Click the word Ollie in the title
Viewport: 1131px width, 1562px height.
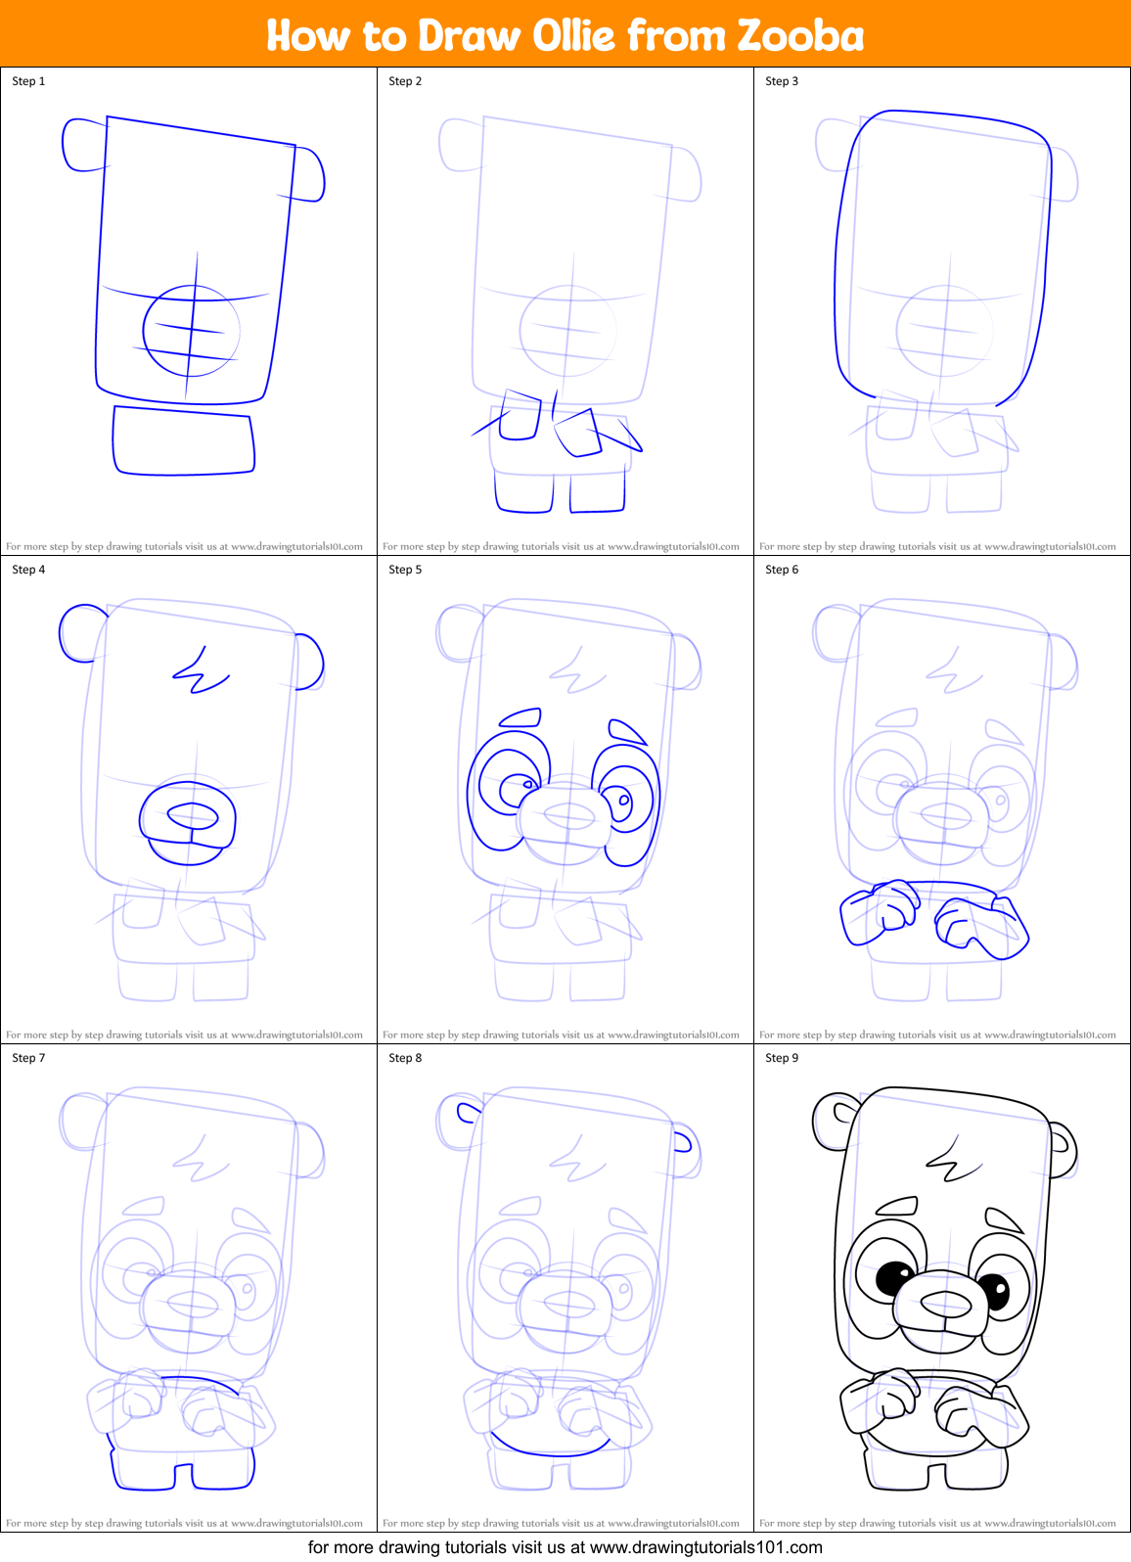coord(574,35)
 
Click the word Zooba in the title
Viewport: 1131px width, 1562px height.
coord(800,35)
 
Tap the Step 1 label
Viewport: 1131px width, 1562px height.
coord(28,81)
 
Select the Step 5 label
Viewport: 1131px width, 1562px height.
coord(405,570)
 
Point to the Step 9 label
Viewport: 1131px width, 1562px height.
coord(782,1058)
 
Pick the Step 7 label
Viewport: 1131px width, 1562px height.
coord(28,1058)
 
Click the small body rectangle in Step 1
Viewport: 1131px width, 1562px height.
coord(183,441)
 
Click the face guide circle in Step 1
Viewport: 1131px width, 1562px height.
coord(191,331)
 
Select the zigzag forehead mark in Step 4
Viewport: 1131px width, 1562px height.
coord(201,670)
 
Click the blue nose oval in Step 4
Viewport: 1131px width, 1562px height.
coord(193,814)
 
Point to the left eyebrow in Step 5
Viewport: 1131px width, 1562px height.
coord(520,718)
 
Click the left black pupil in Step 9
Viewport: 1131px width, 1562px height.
coord(893,1276)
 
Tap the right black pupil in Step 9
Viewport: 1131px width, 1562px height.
coord(994,1291)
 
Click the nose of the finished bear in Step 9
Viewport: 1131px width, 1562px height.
coord(946,1303)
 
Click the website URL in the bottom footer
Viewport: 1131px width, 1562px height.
coord(705,1547)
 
